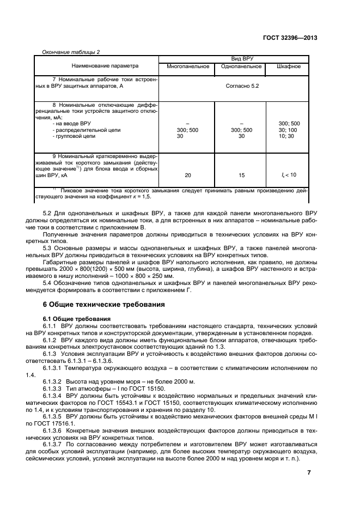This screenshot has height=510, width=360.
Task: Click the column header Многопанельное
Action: (x=188, y=66)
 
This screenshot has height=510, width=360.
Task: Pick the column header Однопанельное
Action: (x=241, y=66)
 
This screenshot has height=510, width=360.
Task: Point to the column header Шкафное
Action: (x=288, y=66)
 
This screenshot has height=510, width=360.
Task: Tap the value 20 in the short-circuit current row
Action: (x=188, y=175)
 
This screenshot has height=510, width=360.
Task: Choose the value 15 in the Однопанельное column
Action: (x=241, y=175)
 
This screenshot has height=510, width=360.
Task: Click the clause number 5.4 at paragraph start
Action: (x=47, y=283)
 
